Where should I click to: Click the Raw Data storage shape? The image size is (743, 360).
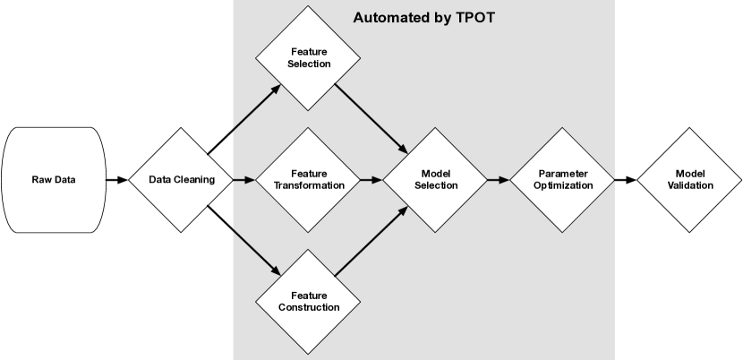(54, 180)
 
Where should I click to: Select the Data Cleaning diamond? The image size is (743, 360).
(183, 180)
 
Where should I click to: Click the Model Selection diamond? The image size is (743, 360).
(438, 180)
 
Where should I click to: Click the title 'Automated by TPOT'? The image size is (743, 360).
(423, 17)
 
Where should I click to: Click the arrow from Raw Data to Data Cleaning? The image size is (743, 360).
(117, 180)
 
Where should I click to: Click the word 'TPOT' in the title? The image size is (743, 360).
(474, 17)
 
